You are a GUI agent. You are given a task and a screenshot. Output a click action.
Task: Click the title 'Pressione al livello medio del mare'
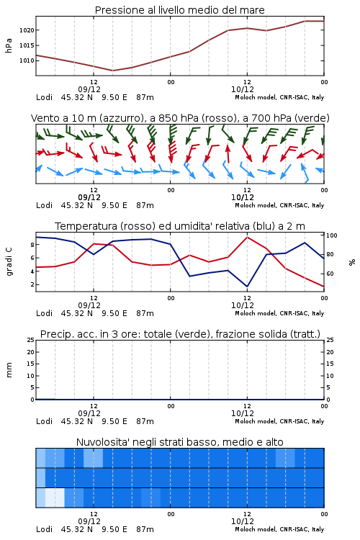click(x=179, y=10)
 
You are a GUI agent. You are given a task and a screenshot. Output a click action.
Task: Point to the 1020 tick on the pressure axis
click(x=27, y=30)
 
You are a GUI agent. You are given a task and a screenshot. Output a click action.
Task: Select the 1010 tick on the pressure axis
click(x=27, y=60)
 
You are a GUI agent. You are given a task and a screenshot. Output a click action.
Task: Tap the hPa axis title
click(x=9, y=45)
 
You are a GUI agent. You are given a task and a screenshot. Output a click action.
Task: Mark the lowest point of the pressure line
click(x=112, y=71)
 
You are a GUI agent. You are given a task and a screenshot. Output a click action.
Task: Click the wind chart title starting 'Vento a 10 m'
click(x=180, y=118)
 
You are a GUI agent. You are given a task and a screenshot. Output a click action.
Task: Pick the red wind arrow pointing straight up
click(x=228, y=153)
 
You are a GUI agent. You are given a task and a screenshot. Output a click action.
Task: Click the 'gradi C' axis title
click(x=9, y=261)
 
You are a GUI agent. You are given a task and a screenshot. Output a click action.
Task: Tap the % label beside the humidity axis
click(x=352, y=262)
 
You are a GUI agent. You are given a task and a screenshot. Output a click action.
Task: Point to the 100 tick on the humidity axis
click(x=332, y=235)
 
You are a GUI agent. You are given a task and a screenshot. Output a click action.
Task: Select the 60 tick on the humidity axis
click(x=330, y=274)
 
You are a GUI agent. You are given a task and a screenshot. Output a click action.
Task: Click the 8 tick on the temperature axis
click(x=32, y=245)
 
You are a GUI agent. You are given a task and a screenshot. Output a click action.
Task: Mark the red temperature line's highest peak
click(x=247, y=238)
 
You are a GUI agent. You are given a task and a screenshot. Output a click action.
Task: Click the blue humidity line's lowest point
click(x=247, y=287)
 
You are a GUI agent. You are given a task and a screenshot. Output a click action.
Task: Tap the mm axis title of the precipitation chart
click(x=9, y=370)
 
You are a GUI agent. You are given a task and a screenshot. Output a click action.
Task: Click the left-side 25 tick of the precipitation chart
click(x=31, y=340)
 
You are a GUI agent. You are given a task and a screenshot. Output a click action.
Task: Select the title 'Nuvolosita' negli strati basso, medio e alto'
click(x=179, y=442)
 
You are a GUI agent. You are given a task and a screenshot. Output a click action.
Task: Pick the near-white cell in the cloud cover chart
click(x=55, y=498)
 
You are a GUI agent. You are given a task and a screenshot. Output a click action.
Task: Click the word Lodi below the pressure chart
click(x=44, y=97)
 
